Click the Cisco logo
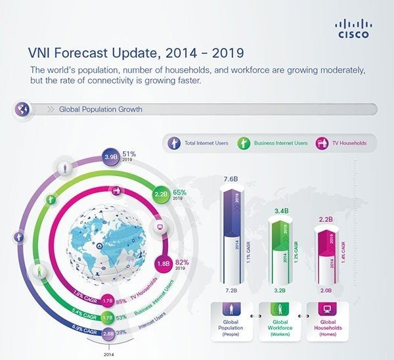pyautogui.click(x=353, y=28)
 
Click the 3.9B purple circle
pyautogui.click(x=111, y=158)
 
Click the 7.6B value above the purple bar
pyautogui.click(x=230, y=179)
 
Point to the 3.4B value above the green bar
pyautogui.click(x=280, y=211)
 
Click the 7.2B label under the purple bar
pyautogui.click(x=230, y=290)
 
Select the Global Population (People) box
pyautogui.click(x=230, y=321)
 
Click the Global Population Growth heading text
pyautogui.click(x=100, y=109)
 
